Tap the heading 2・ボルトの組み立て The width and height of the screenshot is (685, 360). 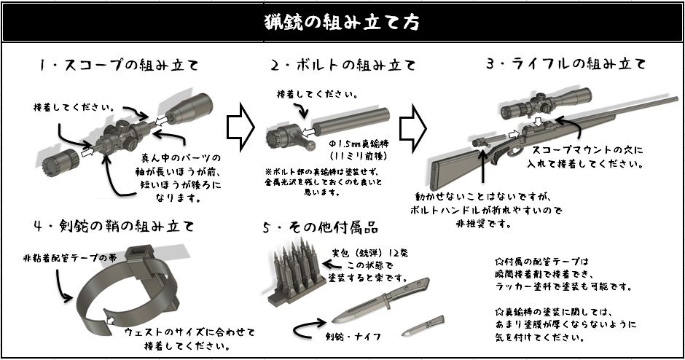pos(342,65)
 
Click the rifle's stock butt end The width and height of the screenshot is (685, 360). pos(437,173)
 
